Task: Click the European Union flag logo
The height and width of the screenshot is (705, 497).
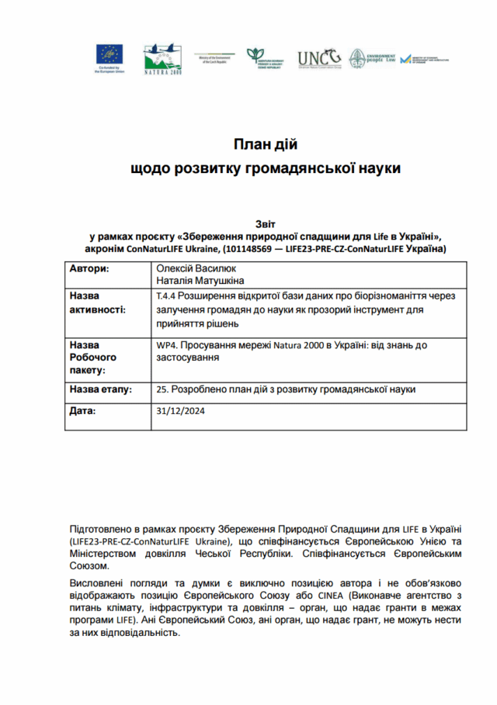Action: (109, 54)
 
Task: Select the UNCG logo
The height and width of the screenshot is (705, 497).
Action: (319, 58)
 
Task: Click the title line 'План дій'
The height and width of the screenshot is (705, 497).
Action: (266, 144)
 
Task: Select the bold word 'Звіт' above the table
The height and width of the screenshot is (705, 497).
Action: (265, 223)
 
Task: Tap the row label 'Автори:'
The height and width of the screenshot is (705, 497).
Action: (90, 268)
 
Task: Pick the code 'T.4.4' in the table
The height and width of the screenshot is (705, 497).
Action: (168, 296)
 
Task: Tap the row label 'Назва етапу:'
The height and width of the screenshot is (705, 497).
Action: (101, 389)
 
